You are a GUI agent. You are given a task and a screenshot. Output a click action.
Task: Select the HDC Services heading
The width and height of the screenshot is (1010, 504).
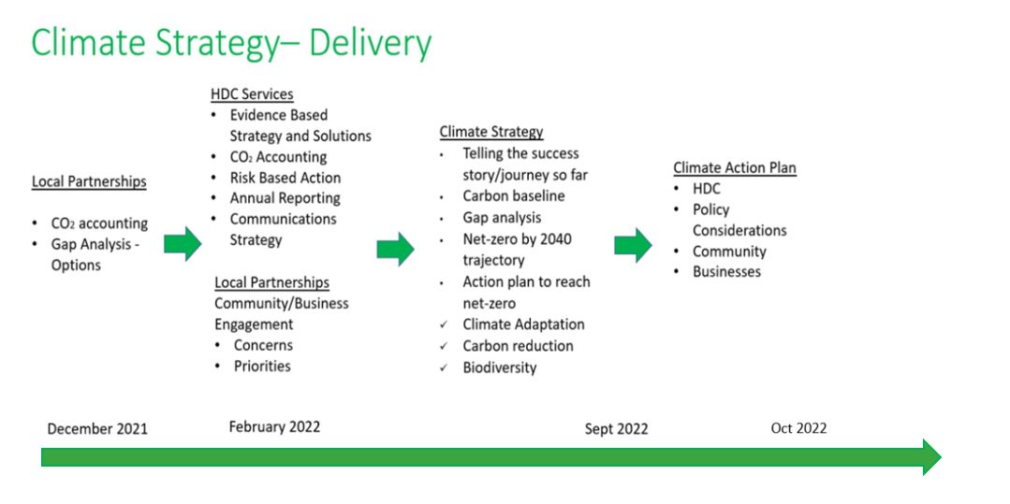(252, 94)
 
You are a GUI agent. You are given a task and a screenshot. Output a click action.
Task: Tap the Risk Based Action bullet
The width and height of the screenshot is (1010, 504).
(285, 178)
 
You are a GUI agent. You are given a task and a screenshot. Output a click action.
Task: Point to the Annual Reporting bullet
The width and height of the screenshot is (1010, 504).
(285, 198)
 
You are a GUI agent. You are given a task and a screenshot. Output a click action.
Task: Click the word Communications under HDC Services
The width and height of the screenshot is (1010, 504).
(283, 219)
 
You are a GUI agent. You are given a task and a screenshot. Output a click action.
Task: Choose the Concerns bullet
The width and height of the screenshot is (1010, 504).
(263, 345)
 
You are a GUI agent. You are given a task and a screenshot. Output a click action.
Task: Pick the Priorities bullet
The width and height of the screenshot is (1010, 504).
(262, 366)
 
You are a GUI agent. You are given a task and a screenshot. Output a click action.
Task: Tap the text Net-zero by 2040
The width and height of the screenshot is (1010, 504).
(517, 239)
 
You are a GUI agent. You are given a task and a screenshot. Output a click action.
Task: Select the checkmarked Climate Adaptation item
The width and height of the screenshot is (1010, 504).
(523, 324)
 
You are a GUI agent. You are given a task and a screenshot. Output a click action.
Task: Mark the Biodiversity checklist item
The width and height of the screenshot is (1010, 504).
(499, 367)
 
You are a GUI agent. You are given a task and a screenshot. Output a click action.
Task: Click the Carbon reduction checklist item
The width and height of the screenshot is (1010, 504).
(518, 346)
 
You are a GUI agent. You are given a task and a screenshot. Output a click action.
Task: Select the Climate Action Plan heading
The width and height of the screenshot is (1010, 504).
(735, 168)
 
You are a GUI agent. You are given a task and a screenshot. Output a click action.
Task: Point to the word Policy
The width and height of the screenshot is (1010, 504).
(710, 209)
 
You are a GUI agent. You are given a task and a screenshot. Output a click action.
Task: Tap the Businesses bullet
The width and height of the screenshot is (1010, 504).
(726, 272)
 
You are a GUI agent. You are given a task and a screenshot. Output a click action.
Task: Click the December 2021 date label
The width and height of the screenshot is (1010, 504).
(97, 429)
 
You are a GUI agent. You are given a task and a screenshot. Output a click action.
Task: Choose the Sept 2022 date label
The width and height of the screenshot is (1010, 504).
(616, 429)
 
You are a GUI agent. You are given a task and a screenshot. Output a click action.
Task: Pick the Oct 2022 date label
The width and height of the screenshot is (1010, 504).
(798, 428)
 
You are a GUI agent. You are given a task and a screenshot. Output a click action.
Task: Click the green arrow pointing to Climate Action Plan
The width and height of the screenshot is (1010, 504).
(634, 245)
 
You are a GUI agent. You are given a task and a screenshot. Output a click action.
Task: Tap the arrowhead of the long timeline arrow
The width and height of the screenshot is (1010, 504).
(930, 457)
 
